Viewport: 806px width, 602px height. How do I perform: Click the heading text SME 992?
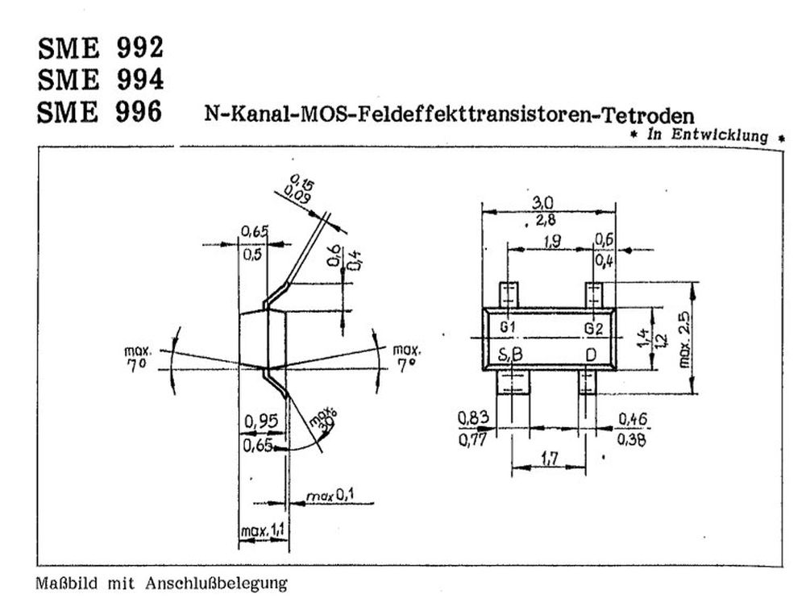tap(100, 49)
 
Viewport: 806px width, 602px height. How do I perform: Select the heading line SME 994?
tap(100, 80)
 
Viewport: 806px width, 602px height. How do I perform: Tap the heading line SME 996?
tap(100, 112)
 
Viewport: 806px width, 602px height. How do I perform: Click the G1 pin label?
tap(508, 328)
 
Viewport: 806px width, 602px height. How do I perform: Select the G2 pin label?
tap(593, 328)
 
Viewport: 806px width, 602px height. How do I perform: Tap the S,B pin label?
tap(510, 355)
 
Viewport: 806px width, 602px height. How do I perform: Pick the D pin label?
tap(591, 355)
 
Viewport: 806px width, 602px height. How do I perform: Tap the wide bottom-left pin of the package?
tap(513, 381)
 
